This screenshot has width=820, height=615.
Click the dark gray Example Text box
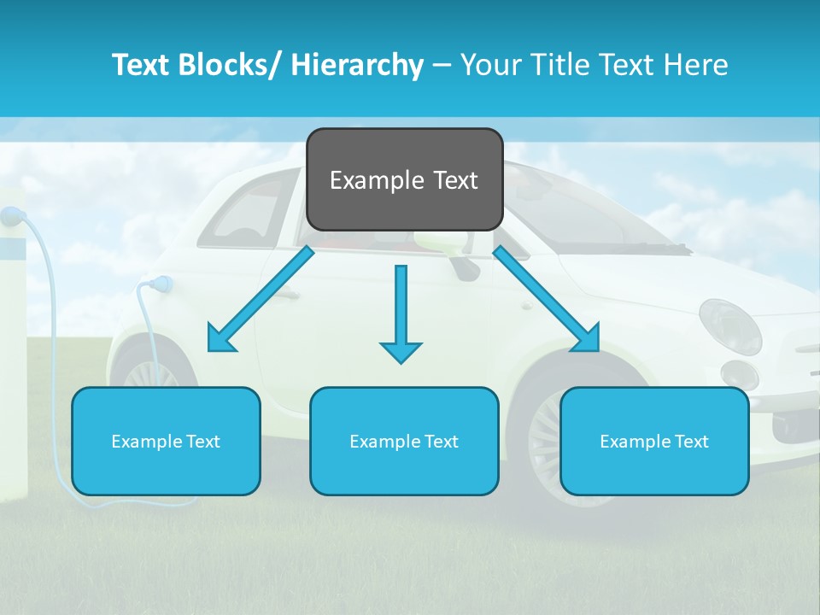(404, 179)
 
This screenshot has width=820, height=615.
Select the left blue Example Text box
(166, 441)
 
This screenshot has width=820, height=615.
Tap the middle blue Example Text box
(404, 441)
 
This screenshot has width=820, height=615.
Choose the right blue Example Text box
(654, 441)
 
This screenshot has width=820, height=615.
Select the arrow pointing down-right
(548, 300)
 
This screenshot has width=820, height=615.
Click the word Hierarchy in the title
(357, 65)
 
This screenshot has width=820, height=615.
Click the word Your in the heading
(490, 65)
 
